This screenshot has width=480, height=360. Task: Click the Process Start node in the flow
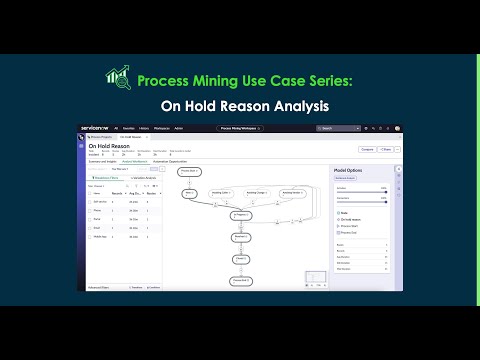point(192,171)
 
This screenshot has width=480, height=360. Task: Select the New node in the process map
point(191,192)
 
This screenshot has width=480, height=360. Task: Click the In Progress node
point(241,214)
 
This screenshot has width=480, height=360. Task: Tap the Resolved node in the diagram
point(241,237)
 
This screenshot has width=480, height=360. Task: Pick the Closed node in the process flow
point(241,259)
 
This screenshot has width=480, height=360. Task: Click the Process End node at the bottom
point(241,281)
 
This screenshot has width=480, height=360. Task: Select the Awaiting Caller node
point(220,192)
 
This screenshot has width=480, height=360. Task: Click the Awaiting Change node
point(256,192)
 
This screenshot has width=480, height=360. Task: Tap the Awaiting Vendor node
point(292,192)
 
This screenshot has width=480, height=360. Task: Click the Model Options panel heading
point(346,171)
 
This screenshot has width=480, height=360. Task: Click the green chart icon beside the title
point(119,79)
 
